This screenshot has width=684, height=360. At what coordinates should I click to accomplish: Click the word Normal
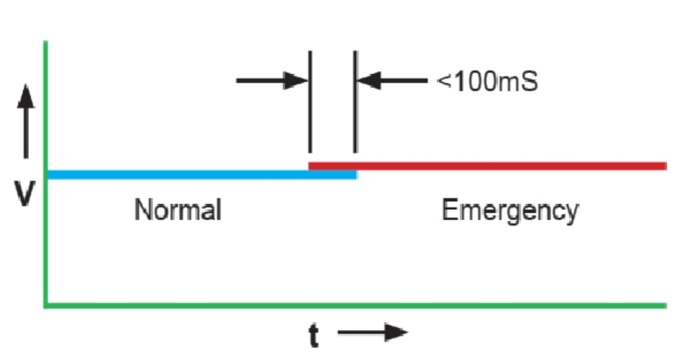tap(178, 210)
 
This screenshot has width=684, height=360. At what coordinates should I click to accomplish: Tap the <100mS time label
tap(487, 82)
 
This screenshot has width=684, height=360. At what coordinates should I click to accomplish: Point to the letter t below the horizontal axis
tap(314, 335)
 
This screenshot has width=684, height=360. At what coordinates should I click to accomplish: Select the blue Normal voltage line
tap(184, 175)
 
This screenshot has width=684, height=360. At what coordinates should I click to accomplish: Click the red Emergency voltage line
tap(490, 166)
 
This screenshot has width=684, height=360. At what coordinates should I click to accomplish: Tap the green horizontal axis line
tap(368, 304)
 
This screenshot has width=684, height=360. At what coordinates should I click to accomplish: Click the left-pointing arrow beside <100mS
tap(392, 80)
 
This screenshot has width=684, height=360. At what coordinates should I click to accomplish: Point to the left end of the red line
tap(311, 166)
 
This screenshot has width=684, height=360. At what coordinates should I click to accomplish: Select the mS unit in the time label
tap(520, 82)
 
